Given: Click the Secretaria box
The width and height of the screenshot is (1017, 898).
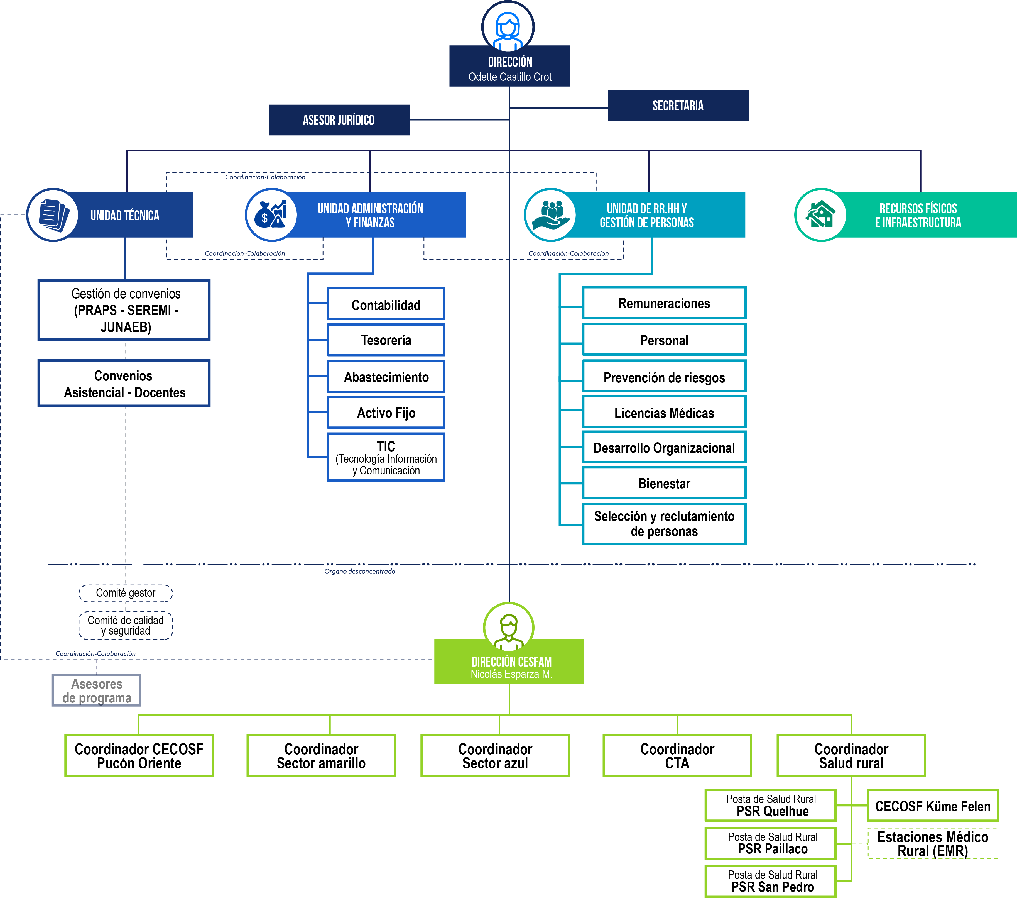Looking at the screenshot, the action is coord(678,106).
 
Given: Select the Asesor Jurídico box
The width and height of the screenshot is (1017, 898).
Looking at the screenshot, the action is coord(339,120).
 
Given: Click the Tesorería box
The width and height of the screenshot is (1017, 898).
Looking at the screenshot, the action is coord(386,340).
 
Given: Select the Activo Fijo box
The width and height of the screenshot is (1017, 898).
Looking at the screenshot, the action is coord(386,413).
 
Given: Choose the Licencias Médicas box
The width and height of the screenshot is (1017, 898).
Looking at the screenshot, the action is coord(664,413).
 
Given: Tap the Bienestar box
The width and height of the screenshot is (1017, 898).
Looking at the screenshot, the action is coord(664,483).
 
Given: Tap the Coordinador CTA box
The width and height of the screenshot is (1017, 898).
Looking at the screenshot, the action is coord(677,756).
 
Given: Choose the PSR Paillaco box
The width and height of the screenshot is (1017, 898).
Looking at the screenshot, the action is coord(771,843).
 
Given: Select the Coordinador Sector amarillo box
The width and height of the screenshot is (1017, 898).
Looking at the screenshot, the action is coord(322,756).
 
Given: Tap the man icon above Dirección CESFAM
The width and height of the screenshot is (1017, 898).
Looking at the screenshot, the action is coord(508,628).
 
